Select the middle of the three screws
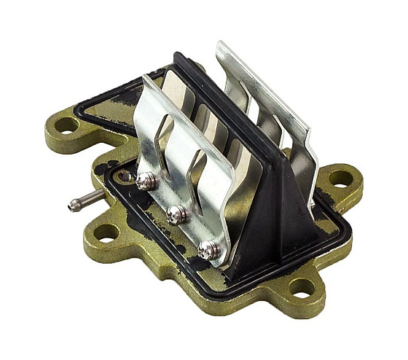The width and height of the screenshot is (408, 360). [175, 214]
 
